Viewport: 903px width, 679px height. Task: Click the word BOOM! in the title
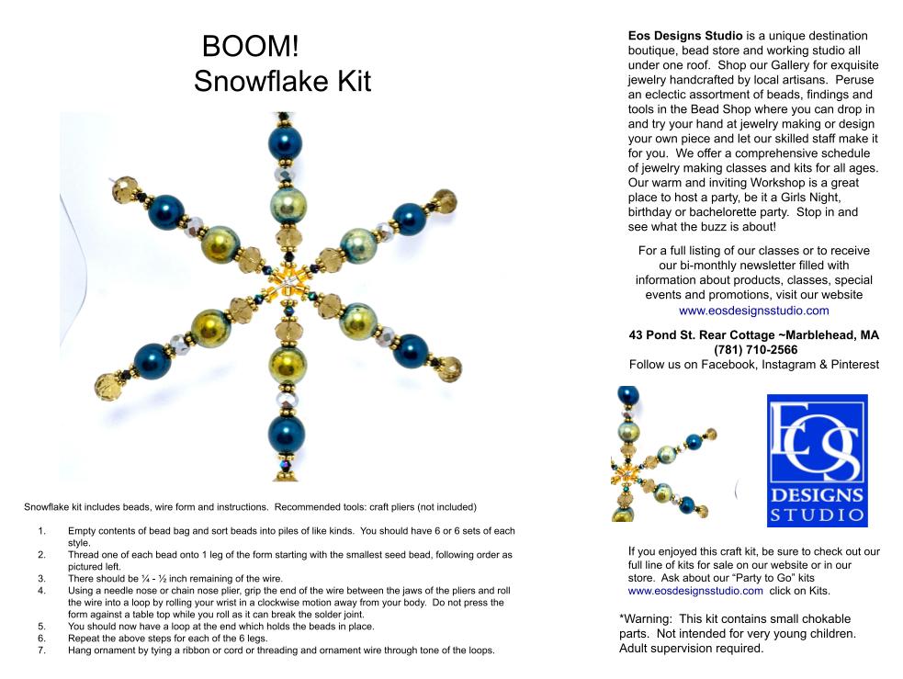coord(251,46)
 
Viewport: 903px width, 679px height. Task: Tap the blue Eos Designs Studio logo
coord(817,460)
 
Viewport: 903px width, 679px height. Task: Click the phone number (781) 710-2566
coord(756,349)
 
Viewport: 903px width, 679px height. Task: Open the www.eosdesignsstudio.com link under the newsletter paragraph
coord(754,311)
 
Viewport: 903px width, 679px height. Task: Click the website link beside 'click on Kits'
coord(695,591)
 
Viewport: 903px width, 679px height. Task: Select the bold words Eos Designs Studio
coord(685,36)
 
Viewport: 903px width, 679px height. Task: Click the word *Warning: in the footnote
coord(645,619)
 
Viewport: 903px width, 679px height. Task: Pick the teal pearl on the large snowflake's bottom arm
coord(287,434)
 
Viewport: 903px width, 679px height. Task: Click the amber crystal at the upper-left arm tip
coord(124,187)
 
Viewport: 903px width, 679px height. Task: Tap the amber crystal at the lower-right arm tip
coord(448,369)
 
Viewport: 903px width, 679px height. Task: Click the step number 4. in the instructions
coord(41,591)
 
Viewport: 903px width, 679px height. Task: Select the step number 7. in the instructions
coord(41,651)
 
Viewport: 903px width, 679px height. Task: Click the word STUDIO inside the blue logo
coord(817,515)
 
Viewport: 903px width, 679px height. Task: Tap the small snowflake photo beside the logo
coord(664,454)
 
